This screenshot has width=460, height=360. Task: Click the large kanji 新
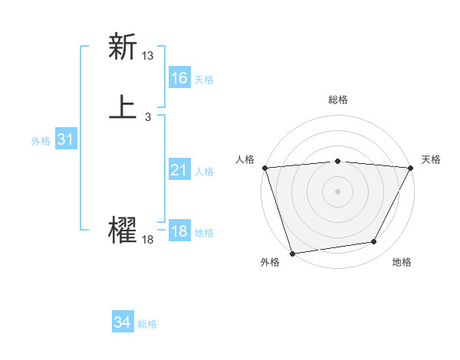(123, 47)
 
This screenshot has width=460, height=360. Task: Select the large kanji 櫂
(123, 230)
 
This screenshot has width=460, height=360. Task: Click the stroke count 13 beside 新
(148, 56)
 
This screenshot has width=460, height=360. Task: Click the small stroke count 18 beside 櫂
(148, 240)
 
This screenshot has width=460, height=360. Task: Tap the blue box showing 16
(179, 78)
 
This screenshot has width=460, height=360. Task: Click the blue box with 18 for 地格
(179, 231)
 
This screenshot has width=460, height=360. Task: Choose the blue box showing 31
(66, 139)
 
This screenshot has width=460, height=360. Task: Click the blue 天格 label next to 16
(204, 80)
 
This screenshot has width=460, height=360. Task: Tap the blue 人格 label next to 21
(204, 172)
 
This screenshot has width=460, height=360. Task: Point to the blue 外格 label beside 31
(41, 141)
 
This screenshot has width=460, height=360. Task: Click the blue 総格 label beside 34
(147, 325)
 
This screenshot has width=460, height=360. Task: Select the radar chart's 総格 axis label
(338, 100)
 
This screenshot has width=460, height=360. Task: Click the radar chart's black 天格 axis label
(431, 159)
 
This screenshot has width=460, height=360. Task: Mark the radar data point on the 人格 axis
(264, 168)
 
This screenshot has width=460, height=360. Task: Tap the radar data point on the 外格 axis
(292, 253)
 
